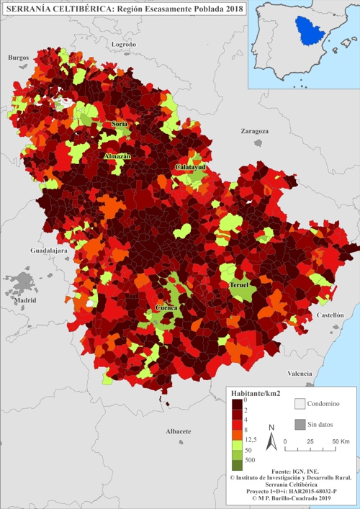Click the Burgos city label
coord(18,57)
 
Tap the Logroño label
coord(124,45)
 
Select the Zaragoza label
coord(254,132)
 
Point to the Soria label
coord(120,124)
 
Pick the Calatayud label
coord(190,167)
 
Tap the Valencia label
coord(300,374)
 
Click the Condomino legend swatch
coord(300,404)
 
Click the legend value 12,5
coord(251,439)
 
